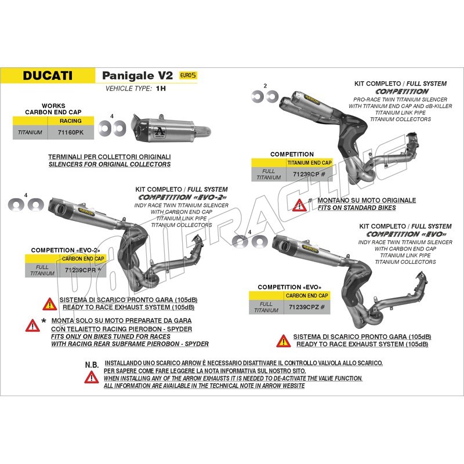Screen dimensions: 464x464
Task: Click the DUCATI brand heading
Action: click(x=48, y=75)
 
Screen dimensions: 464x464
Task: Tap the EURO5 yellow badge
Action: click(x=188, y=75)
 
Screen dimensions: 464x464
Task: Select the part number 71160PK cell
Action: click(x=71, y=132)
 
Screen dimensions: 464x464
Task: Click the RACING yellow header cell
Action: click(x=71, y=121)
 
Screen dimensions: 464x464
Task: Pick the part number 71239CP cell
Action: click(x=309, y=175)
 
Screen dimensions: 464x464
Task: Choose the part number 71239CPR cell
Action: click(x=83, y=270)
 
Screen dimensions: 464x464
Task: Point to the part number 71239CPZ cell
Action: click(x=307, y=307)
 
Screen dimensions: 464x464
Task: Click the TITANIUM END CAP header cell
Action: click(x=309, y=163)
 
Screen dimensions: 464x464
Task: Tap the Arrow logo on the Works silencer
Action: click(x=160, y=131)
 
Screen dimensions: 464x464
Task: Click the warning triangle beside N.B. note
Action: click(x=92, y=378)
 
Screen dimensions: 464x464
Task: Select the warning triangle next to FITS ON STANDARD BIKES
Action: click(x=299, y=205)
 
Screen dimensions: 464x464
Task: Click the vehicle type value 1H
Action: click(x=161, y=89)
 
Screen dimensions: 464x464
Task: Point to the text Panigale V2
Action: click(x=137, y=76)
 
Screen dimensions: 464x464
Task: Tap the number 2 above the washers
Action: click(x=265, y=86)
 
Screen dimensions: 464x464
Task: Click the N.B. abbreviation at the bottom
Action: click(x=92, y=365)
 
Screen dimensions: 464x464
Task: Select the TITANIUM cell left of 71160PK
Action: click(x=30, y=132)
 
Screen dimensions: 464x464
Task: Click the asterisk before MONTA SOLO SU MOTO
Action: click(x=44, y=321)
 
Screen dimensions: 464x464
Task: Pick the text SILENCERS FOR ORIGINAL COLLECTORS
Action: click(x=110, y=164)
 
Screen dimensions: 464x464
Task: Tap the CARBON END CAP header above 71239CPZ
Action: click(x=307, y=296)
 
